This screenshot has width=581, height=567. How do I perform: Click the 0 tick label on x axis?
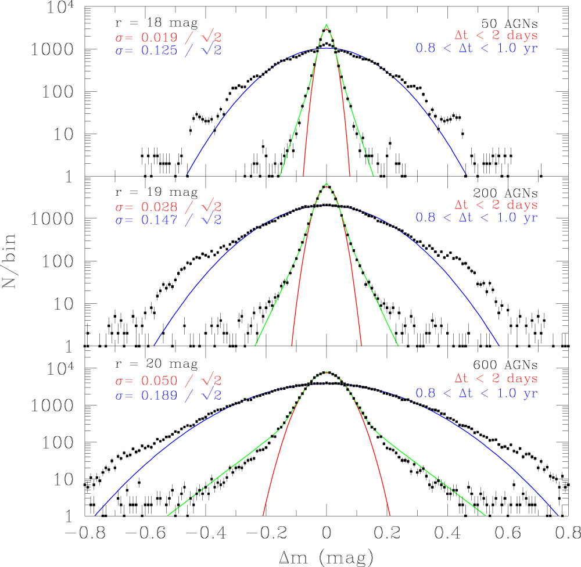[x=327, y=533]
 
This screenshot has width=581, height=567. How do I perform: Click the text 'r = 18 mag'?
[x=156, y=24]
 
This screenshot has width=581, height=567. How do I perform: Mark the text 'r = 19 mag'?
[x=156, y=192]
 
